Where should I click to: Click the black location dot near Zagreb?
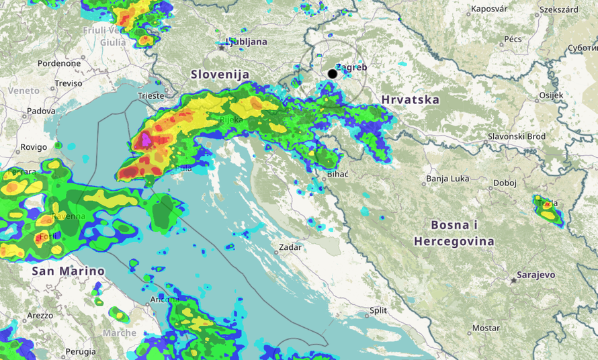pyautogui.click(x=333, y=74)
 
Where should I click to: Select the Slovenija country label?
pyautogui.click(x=220, y=75)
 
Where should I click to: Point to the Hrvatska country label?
pyautogui.click(x=410, y=100)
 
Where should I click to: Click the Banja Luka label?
pyautogui.click(x=448, y=179)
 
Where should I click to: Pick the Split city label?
pyautogui.click(x=378, y=311)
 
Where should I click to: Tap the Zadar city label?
pyautogui.click(x=290, y=247)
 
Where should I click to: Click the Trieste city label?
pyautogui.click(x=150, y=96)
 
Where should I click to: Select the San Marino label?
pyautogui.click(x=68, y=271)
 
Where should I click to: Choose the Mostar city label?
pyautogui.click(x=486, y=328)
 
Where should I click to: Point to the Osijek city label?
pyautogui.click(x=551, y=95)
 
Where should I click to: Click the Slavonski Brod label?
pyautogui.click(x=516, y=136)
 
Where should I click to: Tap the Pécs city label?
pyautogui.click(x=513, y=40)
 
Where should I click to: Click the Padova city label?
pyautogui.click(x=41, y=111)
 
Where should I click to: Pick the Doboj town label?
pyautogui.click(x=504, y=183)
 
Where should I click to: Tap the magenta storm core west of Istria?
pyautogui.click(x=146, y=140)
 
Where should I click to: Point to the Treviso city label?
pyautogui.click(x=68, y=83)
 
